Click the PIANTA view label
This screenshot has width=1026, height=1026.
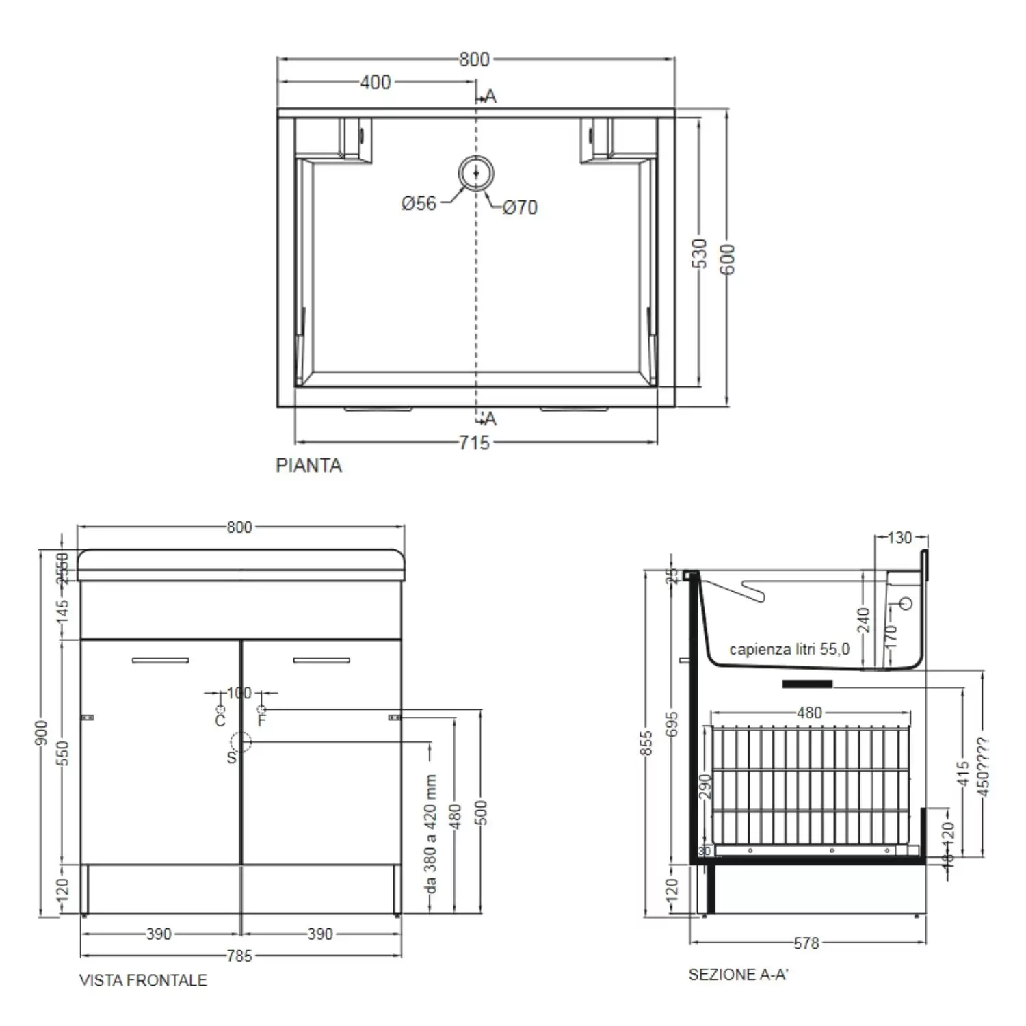308,465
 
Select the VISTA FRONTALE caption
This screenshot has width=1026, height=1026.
143,980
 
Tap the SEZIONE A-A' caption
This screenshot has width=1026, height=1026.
738,975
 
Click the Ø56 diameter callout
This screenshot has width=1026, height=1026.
419,203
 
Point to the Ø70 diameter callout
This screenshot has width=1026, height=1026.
520,207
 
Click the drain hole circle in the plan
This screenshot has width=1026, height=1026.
476,174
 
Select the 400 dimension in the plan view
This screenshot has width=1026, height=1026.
376,82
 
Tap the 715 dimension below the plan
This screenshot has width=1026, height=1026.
474,443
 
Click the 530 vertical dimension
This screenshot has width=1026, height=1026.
699,253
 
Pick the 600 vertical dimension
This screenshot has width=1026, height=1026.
727,259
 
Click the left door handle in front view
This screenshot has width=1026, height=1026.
160,661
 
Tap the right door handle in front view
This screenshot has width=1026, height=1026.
321,661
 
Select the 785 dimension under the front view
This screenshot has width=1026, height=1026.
239,956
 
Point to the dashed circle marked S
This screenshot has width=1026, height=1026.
241,742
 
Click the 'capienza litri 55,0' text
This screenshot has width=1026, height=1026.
789,649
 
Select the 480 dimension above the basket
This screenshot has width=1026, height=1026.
809,713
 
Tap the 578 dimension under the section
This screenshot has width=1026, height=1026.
806,943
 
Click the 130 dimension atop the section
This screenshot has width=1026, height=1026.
900,538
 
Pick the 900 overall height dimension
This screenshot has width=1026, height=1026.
42,733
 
